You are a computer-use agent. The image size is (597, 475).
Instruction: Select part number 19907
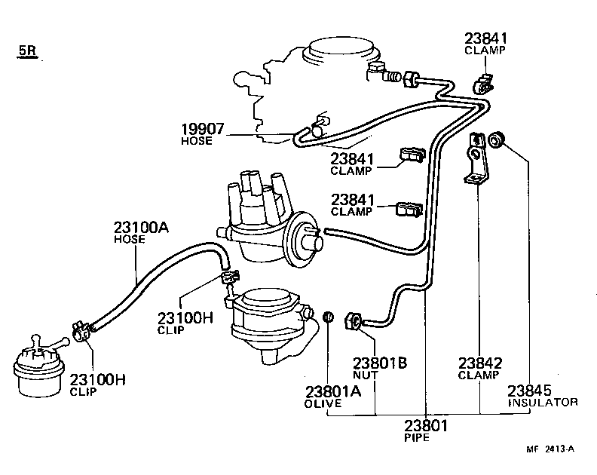coord(202,128)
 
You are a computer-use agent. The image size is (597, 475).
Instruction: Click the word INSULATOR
coord(542,402)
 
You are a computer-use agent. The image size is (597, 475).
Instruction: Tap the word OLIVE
coord(323,403)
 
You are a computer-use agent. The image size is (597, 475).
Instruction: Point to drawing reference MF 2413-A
coord(550,450)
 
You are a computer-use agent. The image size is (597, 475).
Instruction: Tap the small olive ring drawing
coord(329,317)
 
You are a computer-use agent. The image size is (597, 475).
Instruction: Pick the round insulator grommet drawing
coord(496,139)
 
